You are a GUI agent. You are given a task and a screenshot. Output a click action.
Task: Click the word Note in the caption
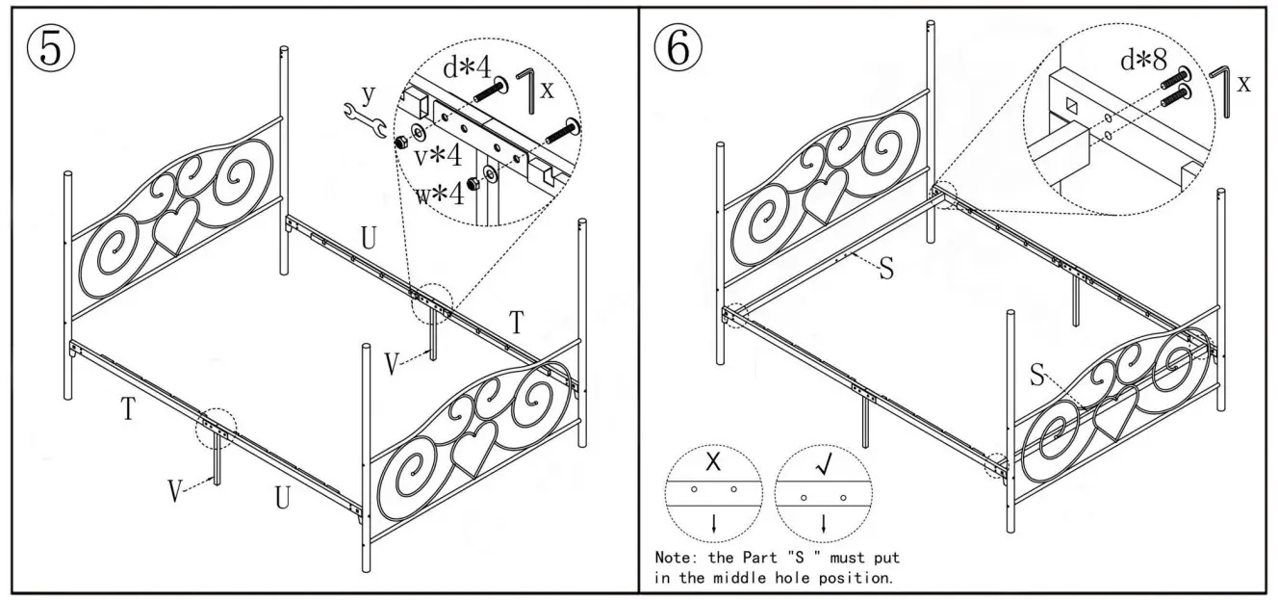(673, 558)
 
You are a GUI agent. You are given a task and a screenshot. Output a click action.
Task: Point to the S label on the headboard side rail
(886, 269)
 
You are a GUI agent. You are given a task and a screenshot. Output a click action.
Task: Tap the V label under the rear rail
(392, 364)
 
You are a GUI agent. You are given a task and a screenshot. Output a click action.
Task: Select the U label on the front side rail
(282, 498)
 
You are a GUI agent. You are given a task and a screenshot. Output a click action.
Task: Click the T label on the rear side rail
(517, 325)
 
